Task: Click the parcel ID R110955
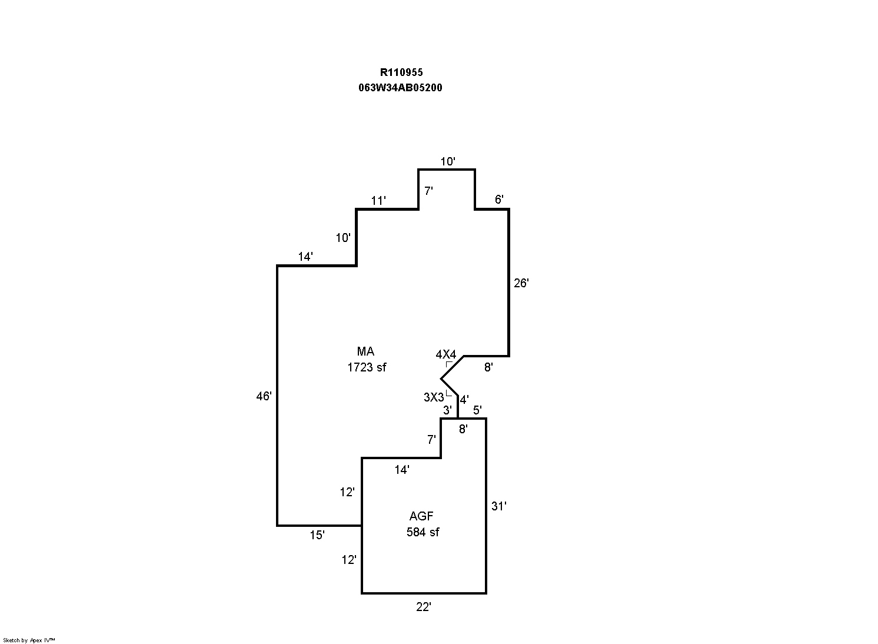401,72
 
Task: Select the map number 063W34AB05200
400,88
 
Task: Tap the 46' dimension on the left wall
264,396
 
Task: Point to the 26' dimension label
521,283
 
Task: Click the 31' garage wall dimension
499,506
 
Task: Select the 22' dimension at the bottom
424,607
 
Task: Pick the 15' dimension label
317,535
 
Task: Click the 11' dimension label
378,201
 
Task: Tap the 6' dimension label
499,200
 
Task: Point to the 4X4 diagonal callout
445,354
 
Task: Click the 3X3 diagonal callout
434,397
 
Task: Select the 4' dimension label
464,400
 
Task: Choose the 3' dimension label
447,410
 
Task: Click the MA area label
365,351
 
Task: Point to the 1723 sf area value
367,367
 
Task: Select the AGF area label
421,516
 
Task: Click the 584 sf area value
423,532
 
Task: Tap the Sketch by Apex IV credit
29,640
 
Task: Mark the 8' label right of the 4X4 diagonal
488,367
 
